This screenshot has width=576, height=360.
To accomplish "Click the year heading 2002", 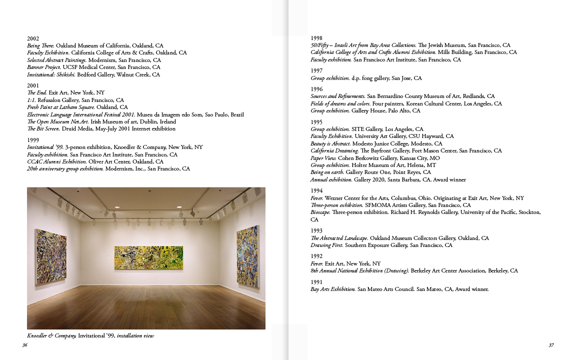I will point(33,38).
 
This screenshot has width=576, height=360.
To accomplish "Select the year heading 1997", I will point(316,71).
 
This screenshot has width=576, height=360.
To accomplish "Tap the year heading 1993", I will point(316,231).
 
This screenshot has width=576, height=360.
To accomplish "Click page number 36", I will point(24,345).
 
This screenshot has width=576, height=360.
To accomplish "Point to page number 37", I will point(551,345).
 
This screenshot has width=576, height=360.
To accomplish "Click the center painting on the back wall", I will point(148,257).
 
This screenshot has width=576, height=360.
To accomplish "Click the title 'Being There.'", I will point(40,45).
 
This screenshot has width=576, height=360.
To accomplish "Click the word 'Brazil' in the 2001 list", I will point(237,114).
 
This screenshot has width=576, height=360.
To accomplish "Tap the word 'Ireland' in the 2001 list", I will point(168,121).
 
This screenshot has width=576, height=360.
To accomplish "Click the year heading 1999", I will point(33,140).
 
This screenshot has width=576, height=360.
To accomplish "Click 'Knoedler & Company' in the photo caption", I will point(51,336).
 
